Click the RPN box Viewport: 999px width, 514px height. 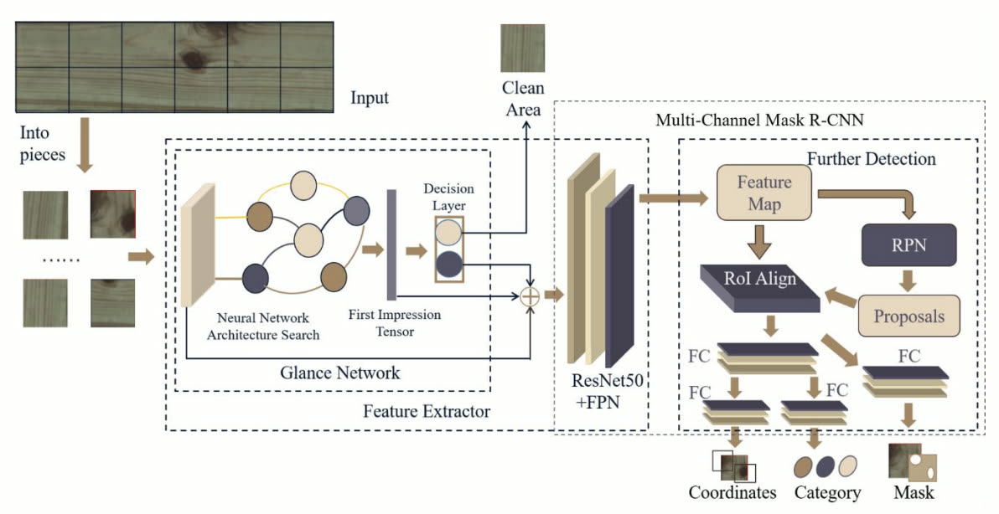click(x=908, y=244)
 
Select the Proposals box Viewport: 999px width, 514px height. click(x=908, y=316)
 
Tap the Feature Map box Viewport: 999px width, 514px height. click(x=763, y=193)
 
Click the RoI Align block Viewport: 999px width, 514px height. click(x=759, y=287)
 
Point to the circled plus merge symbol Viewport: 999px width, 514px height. click(x=530, y=296)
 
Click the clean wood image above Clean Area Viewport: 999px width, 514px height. click(x=522, y=49)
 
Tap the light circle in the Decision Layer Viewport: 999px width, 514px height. click(x=448, y=232)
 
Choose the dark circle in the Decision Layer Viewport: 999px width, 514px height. click(x=448, y=265)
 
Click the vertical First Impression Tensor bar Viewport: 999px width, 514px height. click(x=391, y=244)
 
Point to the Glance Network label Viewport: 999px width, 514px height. click(x=340, y=373)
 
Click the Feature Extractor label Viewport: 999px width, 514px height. click(x=427, y=411)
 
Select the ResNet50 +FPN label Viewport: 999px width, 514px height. click(x=607, y=391)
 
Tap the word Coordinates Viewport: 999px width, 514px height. click(x=732, y=492)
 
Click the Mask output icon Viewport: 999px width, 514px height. click(x=913, y=464)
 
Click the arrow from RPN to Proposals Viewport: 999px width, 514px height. click(x=908, y=280)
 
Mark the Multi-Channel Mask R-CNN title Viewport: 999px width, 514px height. click(x=759, y=120)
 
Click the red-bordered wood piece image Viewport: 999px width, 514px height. click(x=113, y=213)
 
